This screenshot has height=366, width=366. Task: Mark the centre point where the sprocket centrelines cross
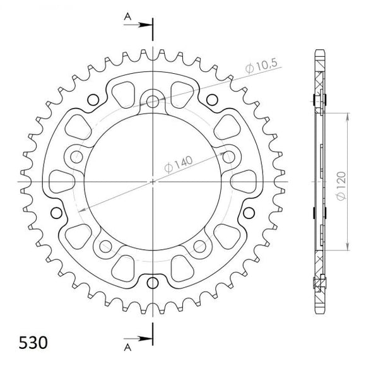pyautogui.click(x=153, y=181)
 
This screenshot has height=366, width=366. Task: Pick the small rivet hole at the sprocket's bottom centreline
pyautogui.click(x=153, y=281)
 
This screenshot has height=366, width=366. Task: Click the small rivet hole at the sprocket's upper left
pyautogui.click(x=93, y=99)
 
